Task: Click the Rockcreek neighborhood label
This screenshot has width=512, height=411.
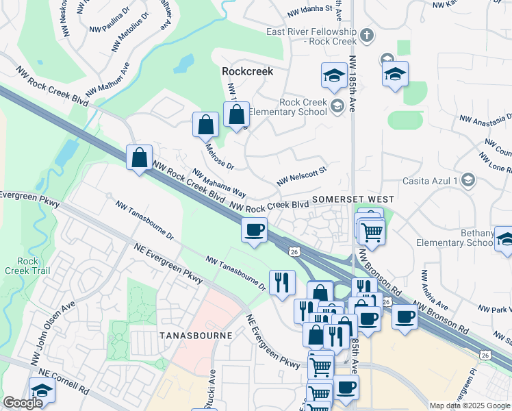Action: point(247,71)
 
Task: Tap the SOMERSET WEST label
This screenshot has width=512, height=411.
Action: point(346,199)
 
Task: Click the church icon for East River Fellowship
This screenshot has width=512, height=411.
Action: point(367,35)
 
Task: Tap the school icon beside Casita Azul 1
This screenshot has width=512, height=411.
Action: point(468,179)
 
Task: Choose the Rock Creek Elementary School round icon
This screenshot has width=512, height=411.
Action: point(337,105)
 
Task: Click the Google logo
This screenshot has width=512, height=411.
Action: point(23,403)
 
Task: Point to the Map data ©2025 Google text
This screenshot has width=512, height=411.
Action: point(469,406)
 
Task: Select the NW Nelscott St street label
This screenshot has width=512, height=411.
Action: point(302,174)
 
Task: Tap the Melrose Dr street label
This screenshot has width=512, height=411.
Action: point(219,157)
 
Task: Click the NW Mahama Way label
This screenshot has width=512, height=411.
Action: point(218,184)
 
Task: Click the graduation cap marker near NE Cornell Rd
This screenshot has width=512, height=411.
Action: point(42,390)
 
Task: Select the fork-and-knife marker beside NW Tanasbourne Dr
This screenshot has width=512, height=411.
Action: point(282,281)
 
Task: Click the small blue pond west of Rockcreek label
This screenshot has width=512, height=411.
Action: point(183,64)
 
